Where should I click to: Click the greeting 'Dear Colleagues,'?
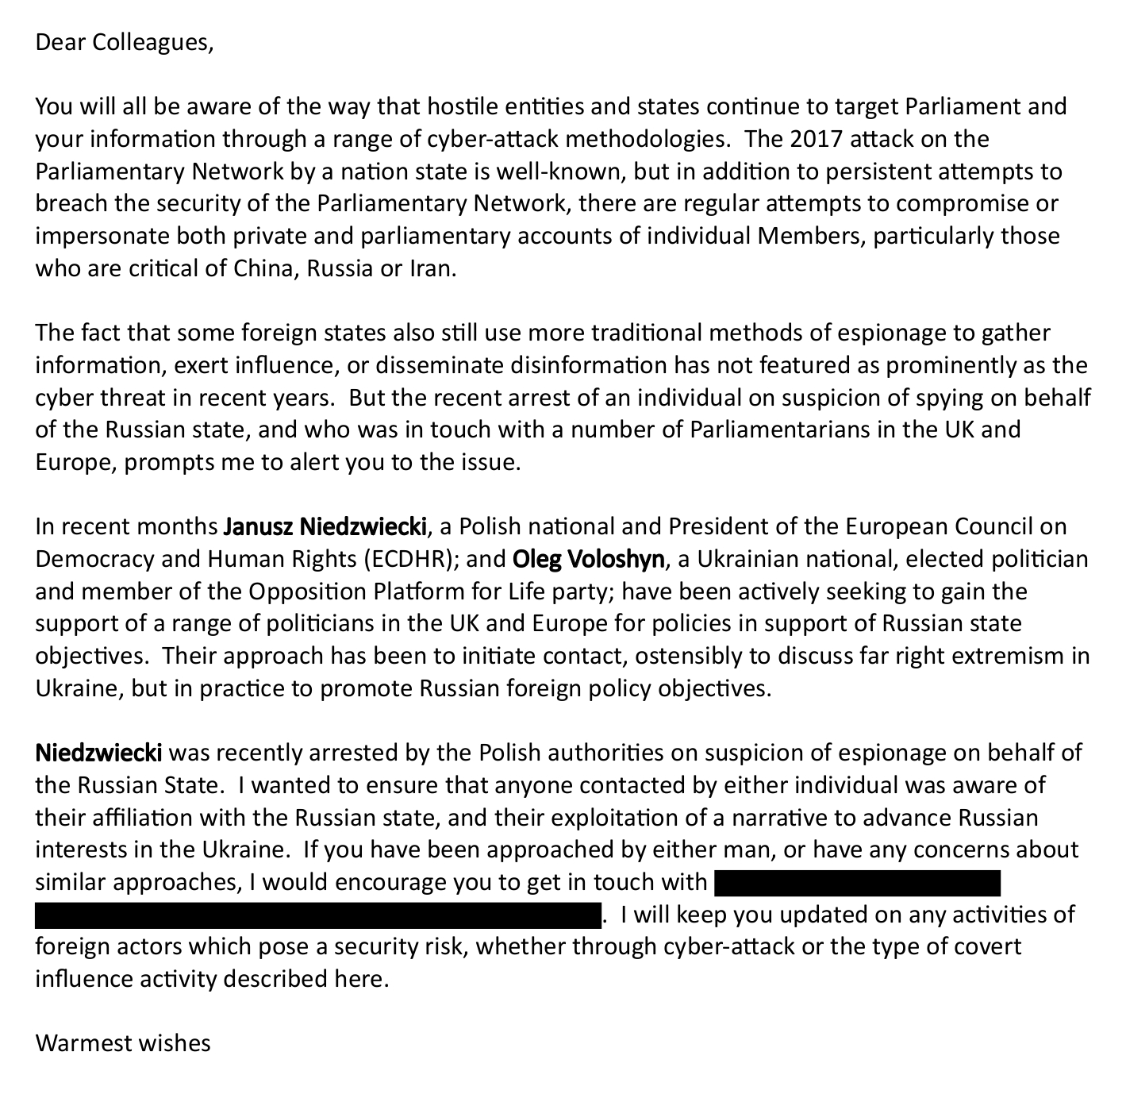click(125, 42)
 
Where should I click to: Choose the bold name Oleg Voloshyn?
click(589, 559)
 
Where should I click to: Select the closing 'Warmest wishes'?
click(123, 1042)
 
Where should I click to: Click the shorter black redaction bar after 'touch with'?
click(857, 882)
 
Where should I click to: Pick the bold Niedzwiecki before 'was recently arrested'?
click(99, 753)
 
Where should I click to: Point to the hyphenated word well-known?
click(559, 171)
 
